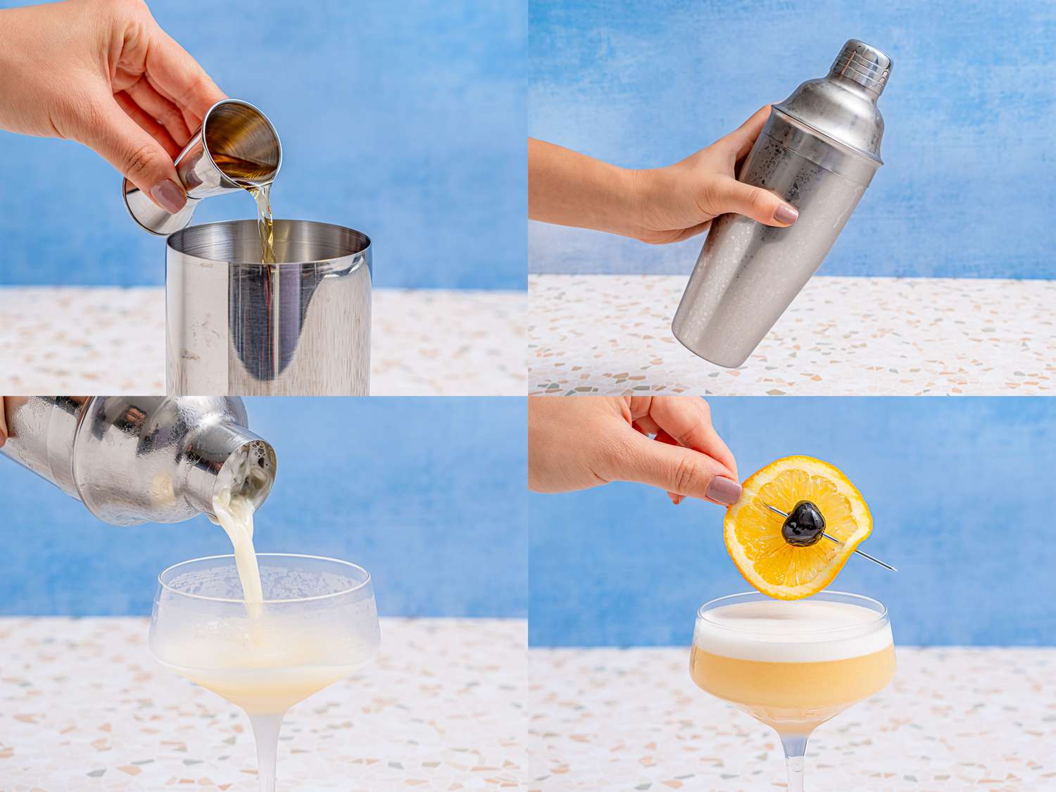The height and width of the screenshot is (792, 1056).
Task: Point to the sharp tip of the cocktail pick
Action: (894, 568)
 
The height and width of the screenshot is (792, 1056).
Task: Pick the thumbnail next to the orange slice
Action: (724, 490)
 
